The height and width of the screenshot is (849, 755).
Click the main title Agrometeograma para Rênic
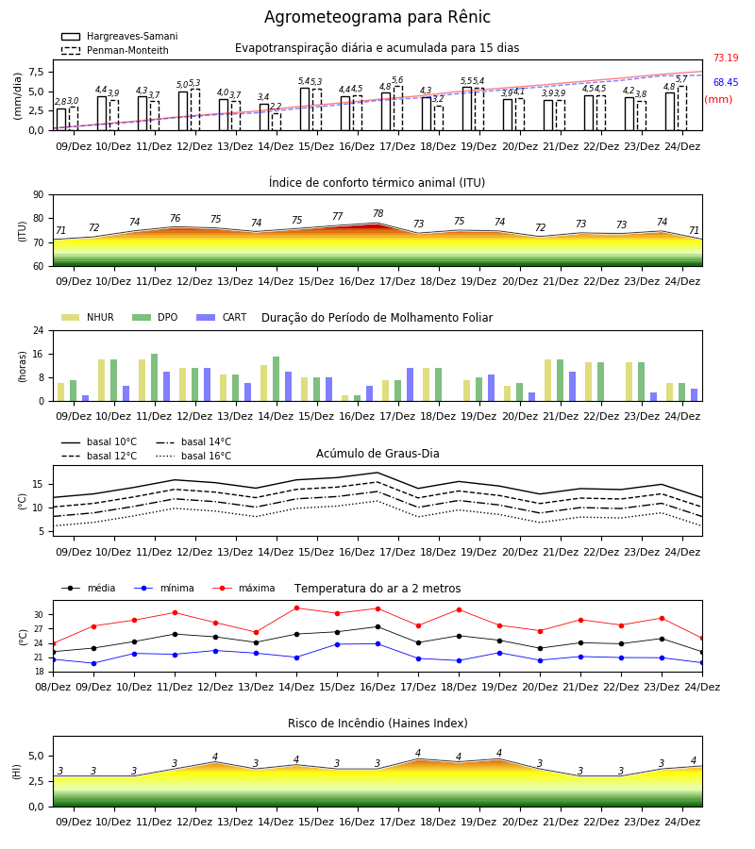coord(377,17)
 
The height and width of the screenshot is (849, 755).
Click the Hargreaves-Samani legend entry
coord(119,36)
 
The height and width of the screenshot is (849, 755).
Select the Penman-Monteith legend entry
coord(115,50)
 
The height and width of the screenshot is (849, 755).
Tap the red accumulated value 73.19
coord(726,58)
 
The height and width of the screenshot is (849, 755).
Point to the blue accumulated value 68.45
coord(726,82)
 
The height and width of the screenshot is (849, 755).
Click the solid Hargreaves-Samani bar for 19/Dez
coord(467,108)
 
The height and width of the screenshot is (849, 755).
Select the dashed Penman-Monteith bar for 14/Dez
coord(277,122)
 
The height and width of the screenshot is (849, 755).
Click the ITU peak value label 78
coord(378,213)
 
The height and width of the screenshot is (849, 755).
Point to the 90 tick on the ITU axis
coord(38,195)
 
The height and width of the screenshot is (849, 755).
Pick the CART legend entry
coord(221,317)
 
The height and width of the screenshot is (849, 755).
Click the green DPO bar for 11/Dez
coord(155,377)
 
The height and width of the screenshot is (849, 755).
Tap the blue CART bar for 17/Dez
coord(410,385)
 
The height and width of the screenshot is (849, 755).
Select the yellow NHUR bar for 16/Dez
coord(345,398)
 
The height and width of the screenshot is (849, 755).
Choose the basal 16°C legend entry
coord(193,456)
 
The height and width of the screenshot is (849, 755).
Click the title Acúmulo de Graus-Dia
coord(377,453)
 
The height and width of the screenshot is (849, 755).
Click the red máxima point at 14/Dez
coord(296,608)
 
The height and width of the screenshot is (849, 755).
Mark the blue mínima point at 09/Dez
coord(93,663)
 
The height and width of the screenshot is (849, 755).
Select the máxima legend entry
coord(243,588)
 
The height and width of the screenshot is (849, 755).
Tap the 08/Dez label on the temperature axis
coord(53,687)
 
